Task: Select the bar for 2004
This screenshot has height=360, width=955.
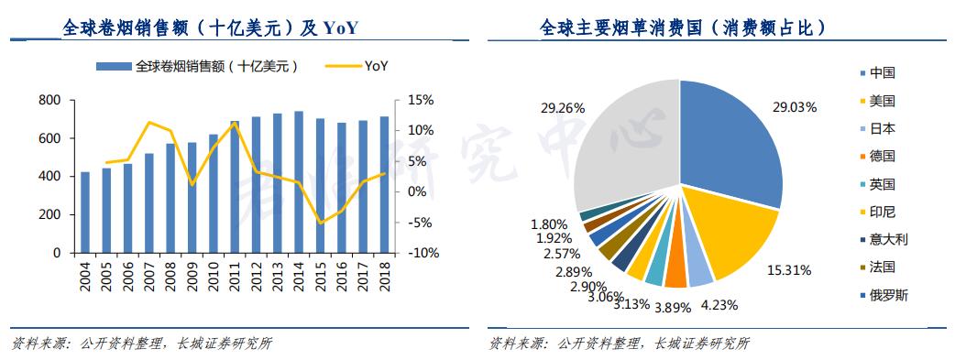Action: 85,212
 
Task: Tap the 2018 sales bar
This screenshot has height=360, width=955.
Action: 384,184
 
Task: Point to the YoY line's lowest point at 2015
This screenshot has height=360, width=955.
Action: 321,223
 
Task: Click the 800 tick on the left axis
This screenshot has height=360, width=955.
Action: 50,100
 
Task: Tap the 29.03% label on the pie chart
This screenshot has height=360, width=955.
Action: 794,107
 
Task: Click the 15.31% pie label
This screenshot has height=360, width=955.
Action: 785,271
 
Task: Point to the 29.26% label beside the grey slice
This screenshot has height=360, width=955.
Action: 562,107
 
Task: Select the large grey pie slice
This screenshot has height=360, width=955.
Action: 623,147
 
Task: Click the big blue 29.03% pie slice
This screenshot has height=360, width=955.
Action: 729,147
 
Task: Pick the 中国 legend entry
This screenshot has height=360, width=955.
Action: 882,73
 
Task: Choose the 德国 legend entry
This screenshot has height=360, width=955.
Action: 882,157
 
